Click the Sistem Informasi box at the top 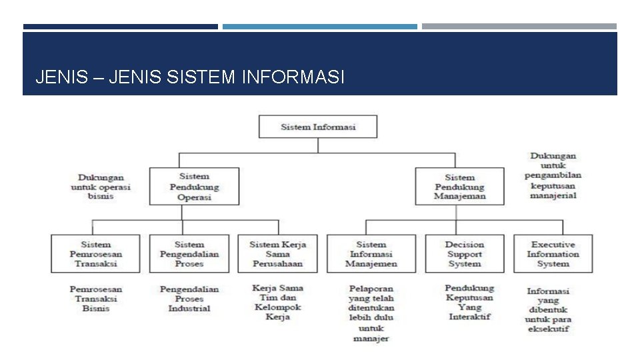(x=317, y=127)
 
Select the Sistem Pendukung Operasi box (x=194, y=187)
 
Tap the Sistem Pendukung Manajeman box (x=460, y=187)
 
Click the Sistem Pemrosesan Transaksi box (x=95, y=254)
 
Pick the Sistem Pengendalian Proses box (x=189, y=254)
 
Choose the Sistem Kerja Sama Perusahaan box (x=277, y=254)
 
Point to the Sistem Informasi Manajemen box (x=371, y=254)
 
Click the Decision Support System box (x=465, y=254)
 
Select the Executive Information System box (x=553, y=254)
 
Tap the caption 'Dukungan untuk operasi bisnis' (x=101, y=187)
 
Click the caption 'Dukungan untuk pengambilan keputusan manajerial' (x=553, y=176)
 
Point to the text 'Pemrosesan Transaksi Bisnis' (x=96, y=299)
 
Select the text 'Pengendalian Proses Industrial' (x=189, y=299)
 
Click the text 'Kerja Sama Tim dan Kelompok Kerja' (x=278, y=303)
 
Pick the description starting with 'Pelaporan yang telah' (x=371, y=313)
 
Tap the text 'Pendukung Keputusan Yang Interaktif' (x=469, y=302)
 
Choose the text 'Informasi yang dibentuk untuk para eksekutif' (x=548, y=310)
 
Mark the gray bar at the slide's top (x=519, y=27)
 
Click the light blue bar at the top (x=320, y=27)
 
